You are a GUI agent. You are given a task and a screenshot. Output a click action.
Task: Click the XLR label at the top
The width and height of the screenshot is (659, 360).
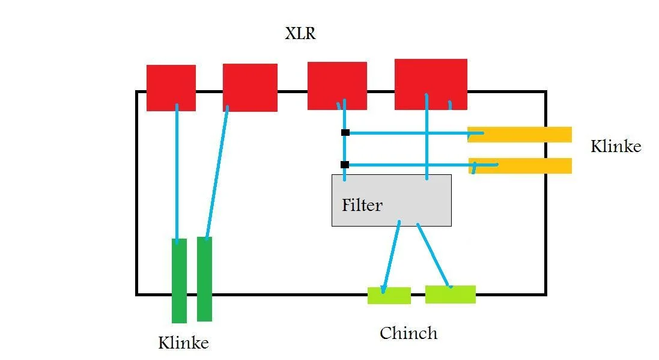point(300,34)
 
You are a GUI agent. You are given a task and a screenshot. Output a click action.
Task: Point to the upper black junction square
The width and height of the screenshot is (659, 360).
point(345,132)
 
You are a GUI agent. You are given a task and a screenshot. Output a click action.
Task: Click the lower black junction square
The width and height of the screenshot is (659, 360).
point(344,165)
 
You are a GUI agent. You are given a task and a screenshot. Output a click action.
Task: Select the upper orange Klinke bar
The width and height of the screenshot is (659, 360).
point(520,135)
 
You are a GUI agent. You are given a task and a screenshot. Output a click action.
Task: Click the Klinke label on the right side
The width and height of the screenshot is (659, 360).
point(616,147)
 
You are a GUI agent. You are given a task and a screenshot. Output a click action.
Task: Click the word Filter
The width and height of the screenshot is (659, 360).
point(362,206)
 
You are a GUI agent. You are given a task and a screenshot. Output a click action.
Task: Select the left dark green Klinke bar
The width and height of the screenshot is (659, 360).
point(179,281)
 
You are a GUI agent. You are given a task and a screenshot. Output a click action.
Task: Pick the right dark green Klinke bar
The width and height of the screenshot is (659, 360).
point(204,279)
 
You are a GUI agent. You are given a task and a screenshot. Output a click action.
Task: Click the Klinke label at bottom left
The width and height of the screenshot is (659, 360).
point(183,343)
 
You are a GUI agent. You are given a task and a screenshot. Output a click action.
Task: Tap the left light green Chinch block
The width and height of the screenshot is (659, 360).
point(389,296)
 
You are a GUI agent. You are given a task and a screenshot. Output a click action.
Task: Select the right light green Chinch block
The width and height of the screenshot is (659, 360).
point(451,294)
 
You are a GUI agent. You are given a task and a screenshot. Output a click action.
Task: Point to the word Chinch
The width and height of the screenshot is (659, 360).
point(408,333)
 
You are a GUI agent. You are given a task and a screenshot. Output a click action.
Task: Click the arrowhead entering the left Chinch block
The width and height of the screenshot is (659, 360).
point(384,290)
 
